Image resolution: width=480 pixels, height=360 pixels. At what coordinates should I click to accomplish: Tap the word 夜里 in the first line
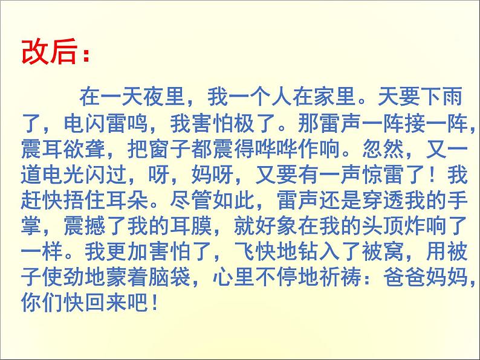(x=167, y=96)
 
